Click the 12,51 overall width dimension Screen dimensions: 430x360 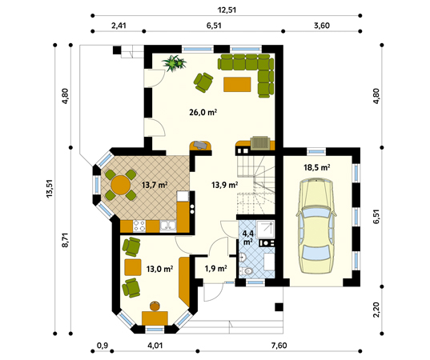tap(227, 10)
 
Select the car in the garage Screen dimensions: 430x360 tap(316, 226)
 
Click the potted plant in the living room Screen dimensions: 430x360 tap(174, 63)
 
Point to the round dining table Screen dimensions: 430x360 tap(120, 185)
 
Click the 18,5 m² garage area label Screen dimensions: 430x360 tap(316, 167)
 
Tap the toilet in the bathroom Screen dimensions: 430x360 tap(246, 271)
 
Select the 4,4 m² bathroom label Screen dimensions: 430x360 tap(248, 238)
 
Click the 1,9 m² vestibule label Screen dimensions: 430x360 tap(216, 269)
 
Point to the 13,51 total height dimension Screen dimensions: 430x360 tap(50, 189)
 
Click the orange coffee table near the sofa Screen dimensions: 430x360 tap(237, 84)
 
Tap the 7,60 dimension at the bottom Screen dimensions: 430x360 tap(279, 346)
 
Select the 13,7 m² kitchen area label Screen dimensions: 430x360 tap(155, 186)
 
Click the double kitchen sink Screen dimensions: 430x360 tap(168, 226)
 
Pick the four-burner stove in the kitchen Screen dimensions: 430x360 tap(139, 226)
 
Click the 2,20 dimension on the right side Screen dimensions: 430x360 tap(376, 310)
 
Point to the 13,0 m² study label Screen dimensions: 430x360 tap(159, 269)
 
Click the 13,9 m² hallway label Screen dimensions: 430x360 tap(224, 186)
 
